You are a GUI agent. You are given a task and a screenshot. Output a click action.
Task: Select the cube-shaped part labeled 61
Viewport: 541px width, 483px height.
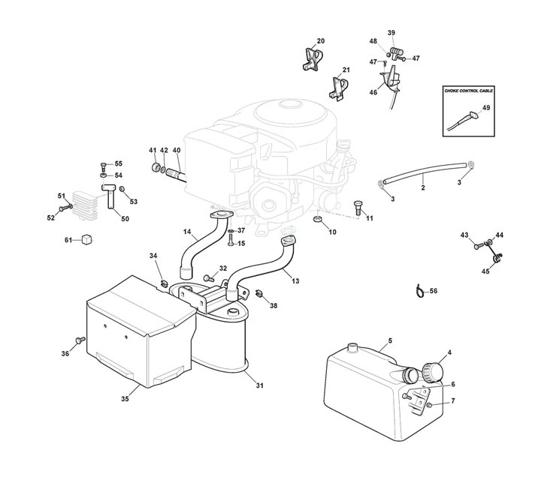pyautogui.click(x=87, y=240)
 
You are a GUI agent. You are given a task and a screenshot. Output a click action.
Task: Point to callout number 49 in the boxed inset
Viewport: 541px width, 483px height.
pyautogui.click(x=486, y=108)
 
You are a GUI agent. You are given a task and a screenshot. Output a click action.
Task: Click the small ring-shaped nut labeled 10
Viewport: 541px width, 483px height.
pyautogui.click(x=319, y=219)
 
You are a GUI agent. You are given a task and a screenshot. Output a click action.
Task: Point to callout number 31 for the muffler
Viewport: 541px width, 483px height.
pyautogui.click(x=260, y=386)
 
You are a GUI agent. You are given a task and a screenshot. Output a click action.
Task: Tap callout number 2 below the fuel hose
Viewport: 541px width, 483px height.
pyautogui.click(x=422, y=187)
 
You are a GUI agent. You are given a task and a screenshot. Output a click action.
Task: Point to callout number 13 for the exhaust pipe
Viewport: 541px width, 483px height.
pyautogui.click(x=295, y=280)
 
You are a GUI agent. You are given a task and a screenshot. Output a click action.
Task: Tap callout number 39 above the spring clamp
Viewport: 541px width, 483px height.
pyautogui.click(x=391, y=33)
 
